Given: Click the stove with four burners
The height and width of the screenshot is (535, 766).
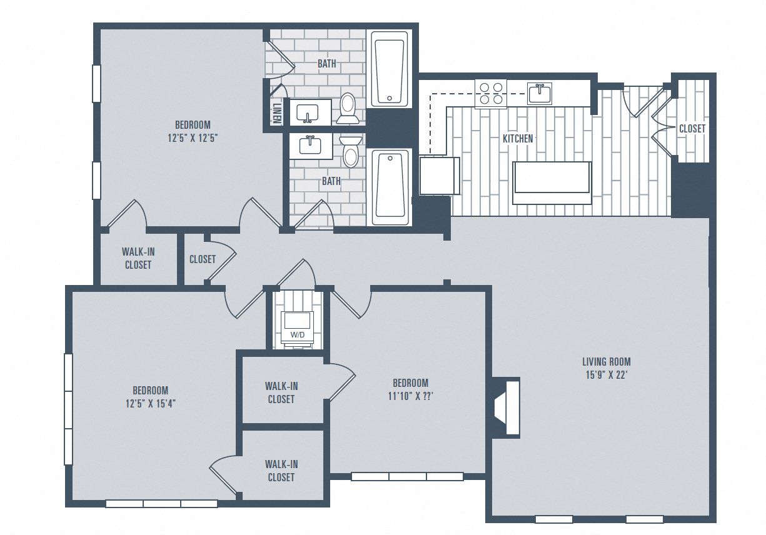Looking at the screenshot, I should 490,93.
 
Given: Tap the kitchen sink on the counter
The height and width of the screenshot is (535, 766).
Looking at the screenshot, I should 539,94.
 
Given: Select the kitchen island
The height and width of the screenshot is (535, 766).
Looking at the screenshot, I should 551,183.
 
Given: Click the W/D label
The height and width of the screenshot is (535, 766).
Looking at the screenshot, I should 297,336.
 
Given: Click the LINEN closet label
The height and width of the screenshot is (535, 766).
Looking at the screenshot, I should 276,112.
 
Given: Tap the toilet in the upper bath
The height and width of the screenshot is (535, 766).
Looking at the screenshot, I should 348,107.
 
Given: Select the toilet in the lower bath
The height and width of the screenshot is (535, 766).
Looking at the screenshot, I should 351,152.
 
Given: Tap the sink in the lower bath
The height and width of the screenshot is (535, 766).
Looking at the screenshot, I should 310,145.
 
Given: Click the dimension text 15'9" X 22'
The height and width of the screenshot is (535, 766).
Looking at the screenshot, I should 606,374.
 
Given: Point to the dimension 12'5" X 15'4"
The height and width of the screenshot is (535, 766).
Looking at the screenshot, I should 150,403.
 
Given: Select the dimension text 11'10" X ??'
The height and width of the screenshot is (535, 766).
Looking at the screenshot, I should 410,396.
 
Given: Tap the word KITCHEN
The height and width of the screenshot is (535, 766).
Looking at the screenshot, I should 518,138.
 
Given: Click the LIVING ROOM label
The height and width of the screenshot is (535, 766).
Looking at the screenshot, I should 606,361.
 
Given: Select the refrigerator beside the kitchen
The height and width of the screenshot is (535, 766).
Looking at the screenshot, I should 439,176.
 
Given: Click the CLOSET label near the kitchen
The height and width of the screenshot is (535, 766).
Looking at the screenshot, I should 692,128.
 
